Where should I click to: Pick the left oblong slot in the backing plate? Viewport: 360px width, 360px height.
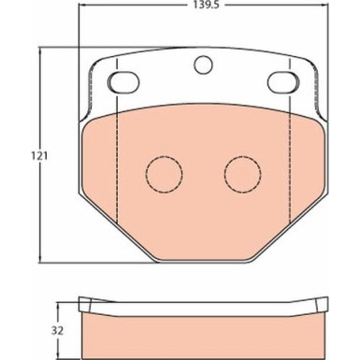122,82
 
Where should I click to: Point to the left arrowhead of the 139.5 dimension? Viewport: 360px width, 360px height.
83,20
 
